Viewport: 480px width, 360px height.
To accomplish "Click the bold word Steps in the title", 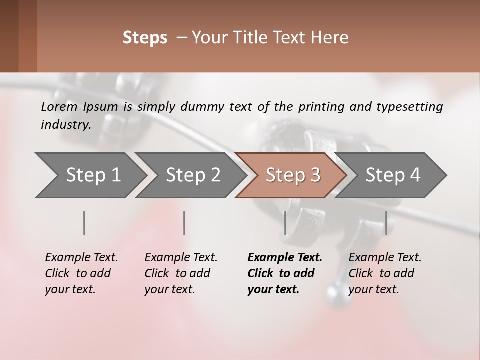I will point(145,38).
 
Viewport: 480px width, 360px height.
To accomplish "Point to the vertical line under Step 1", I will point(84,223).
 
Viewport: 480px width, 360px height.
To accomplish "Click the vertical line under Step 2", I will point(184,223).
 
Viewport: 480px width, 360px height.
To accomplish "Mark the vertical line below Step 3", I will point(285,223).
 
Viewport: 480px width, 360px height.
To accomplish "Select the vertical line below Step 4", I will point(386,223).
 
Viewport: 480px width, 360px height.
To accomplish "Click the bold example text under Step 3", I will point(284,273).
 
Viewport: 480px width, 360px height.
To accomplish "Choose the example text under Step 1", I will point(81,273).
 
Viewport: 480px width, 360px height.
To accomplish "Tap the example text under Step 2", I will point(181,273).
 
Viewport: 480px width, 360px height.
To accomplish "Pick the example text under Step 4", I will point(385,273).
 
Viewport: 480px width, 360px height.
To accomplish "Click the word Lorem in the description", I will point(59,106).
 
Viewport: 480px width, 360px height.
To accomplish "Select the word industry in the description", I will point(66,125).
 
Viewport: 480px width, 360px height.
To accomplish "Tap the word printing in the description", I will point(321,107).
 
